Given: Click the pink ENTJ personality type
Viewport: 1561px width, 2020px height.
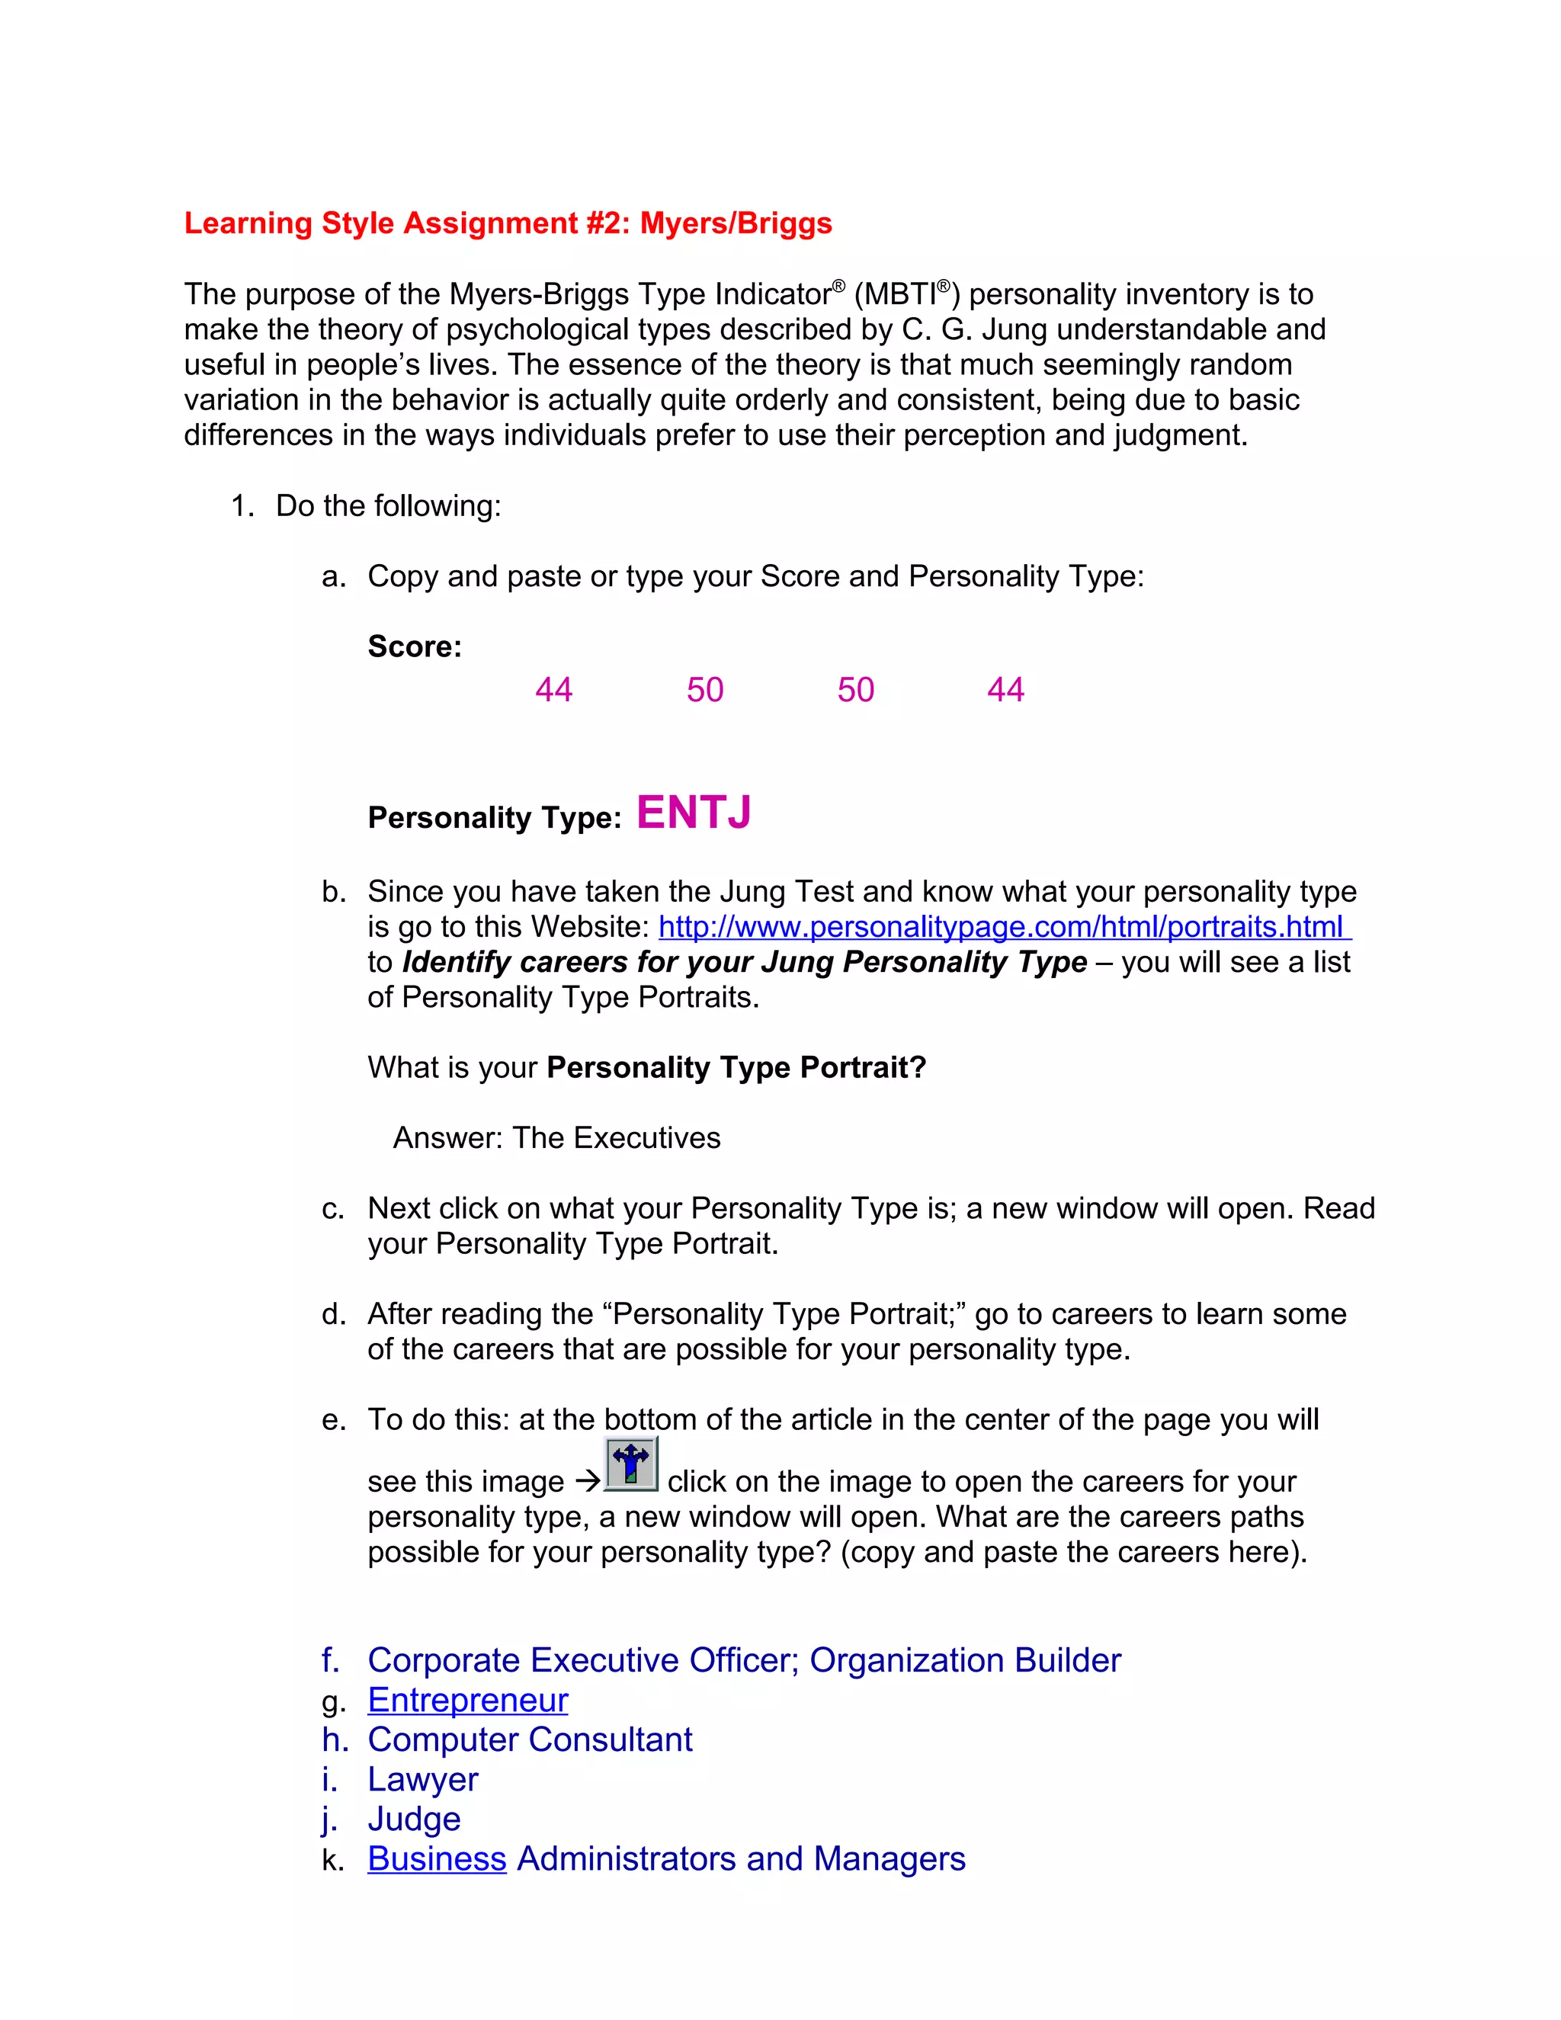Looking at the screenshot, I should [x=694, y=813].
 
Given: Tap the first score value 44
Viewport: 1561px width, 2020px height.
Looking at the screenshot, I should [x=554, y=690].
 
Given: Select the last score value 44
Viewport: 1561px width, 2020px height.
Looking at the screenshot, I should [x=1005, y=690].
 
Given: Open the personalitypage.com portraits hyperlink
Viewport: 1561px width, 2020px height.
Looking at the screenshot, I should [x=1003, y=927].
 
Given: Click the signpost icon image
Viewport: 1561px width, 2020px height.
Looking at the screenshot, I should [x=630, y=1464].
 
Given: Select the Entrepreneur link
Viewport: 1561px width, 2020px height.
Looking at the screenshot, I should [x=467, y=1700].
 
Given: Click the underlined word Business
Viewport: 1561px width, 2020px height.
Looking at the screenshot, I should [x=437, y=1859].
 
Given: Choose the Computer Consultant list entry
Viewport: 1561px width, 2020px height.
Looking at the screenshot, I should [x=530, y=1739].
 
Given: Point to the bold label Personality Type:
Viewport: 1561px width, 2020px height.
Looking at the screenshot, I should [x=494, y=819].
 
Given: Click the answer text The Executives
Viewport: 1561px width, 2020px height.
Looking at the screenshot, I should [x=616, y=1137].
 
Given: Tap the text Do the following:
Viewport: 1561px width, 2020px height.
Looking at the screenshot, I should [x=389, y=506].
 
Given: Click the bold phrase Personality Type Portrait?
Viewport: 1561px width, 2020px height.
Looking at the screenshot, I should [x=736, y=1067].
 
